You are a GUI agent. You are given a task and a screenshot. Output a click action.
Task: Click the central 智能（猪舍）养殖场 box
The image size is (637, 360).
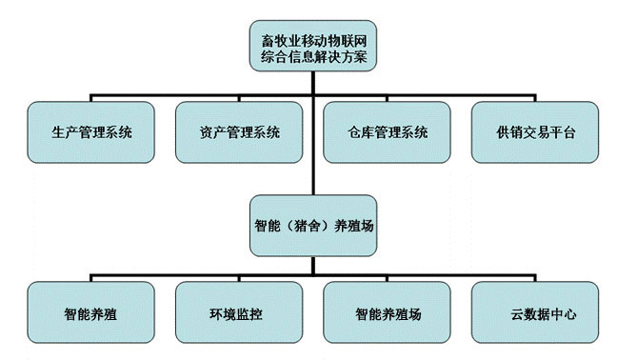coord(313,226)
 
